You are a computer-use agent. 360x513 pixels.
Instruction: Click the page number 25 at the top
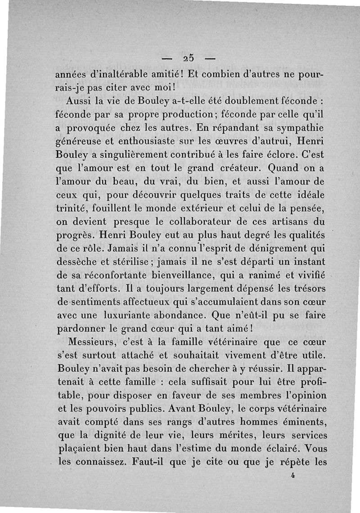click(188, 58)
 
